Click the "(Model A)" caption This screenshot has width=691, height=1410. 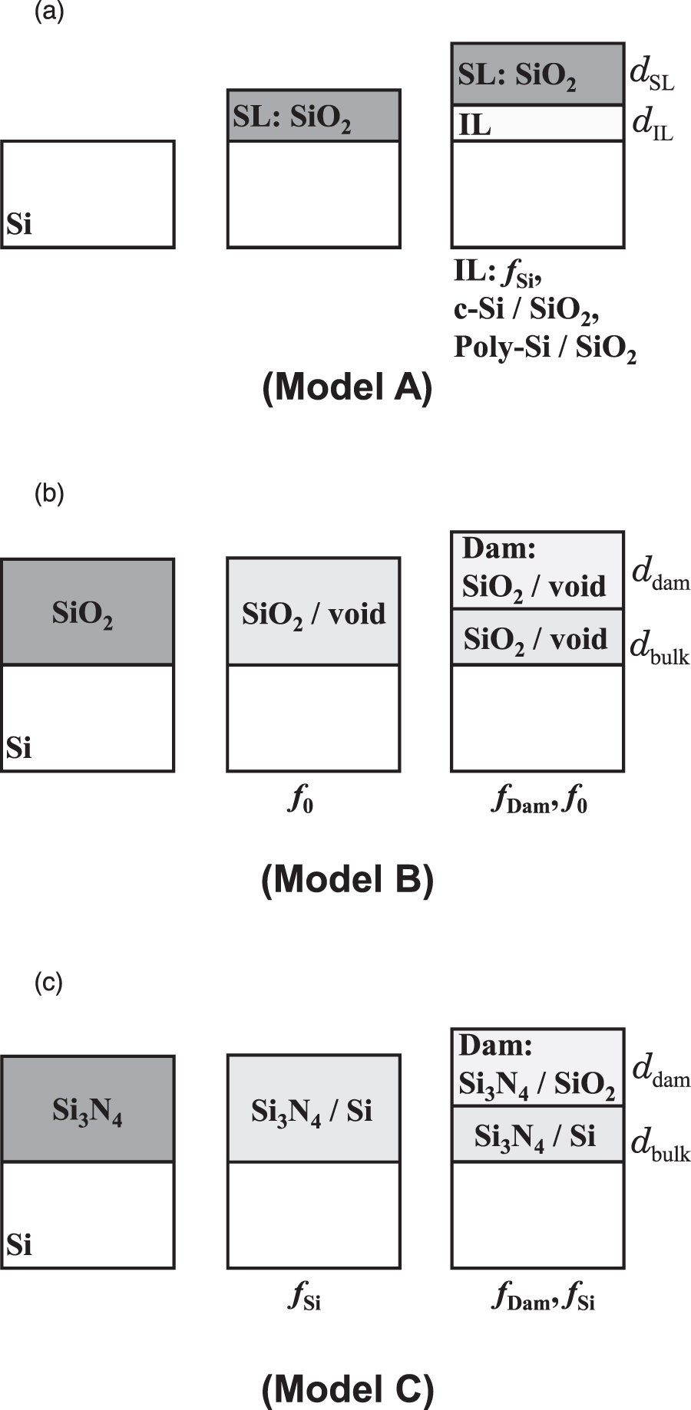(x=347, y=388)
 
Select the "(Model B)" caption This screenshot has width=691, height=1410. (x=347, y=879)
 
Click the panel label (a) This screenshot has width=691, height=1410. (x=49, y=13)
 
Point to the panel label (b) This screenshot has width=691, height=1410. (x=49, y=493)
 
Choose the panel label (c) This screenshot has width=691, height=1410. (x=49, y=982)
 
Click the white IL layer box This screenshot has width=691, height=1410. (x=537, y=123)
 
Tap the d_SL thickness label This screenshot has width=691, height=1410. (x=651, y=74)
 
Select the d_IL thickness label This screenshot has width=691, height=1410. (x=651, y=124)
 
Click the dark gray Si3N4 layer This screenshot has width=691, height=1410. (x=88, y=1109)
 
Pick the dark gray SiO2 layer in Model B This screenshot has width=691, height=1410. (x=88, y=612)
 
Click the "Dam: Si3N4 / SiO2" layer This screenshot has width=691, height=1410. (x=537, y=1067)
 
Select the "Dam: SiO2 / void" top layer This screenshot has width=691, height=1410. (x=537, y=570)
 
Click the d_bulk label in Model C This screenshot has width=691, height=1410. (x=660, y=1146)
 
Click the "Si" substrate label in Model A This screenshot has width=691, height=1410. (x=19, y=224)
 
